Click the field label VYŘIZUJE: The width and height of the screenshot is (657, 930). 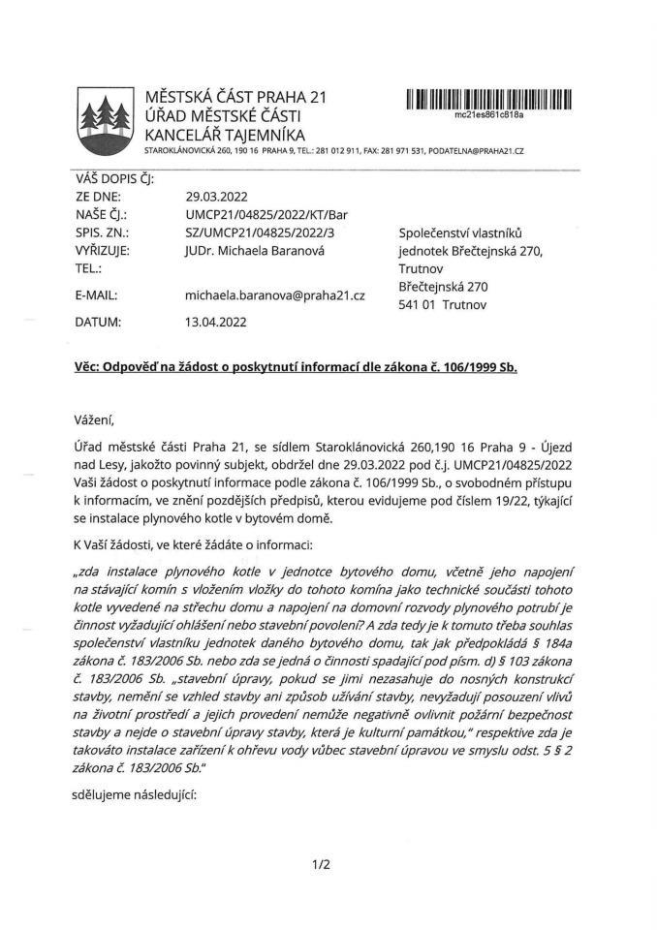104,249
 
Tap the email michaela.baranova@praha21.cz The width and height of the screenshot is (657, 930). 275,294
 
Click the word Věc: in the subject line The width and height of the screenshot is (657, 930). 90,370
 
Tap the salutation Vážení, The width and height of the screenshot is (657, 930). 94,418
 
